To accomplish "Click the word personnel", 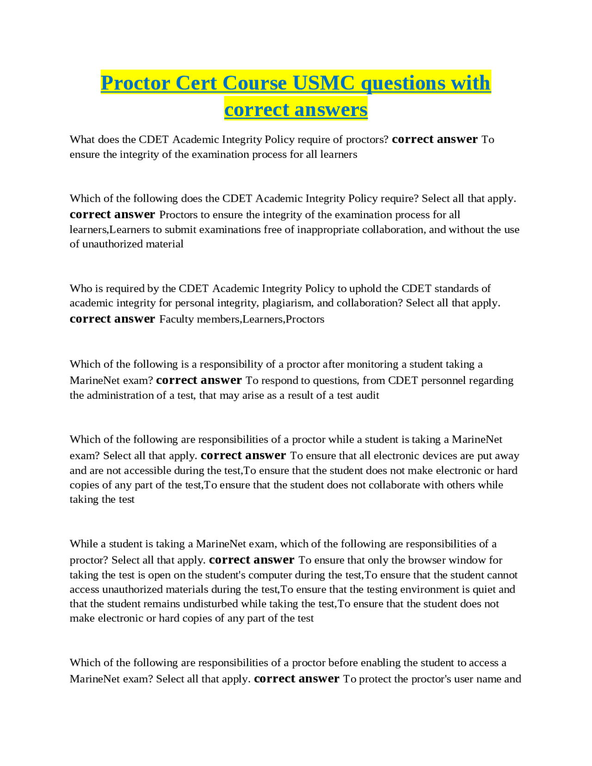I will pos(438,381).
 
